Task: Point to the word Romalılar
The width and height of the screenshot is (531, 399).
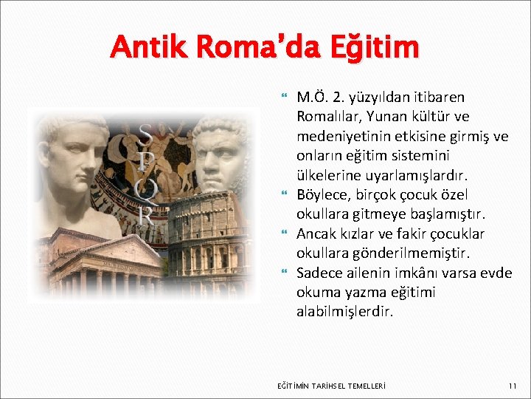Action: (x=327, y=117)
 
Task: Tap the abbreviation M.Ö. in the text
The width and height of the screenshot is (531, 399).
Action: (x=310, y=97)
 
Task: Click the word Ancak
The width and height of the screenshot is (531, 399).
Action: (x=315, y=234)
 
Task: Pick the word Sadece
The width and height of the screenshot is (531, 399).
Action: (x=318, y=273)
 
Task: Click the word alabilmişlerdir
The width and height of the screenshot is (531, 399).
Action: (x=345, y=313)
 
